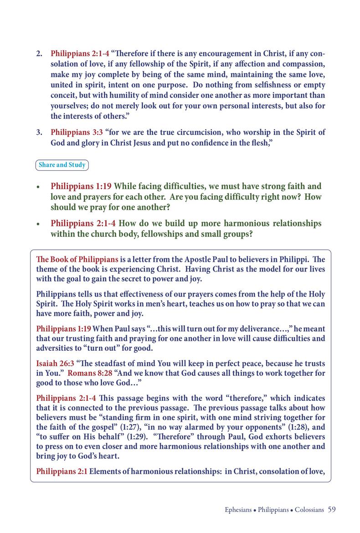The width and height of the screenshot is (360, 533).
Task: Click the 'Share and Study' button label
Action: click(x=62, y=165)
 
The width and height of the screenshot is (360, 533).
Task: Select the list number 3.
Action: click(x=39, y=133)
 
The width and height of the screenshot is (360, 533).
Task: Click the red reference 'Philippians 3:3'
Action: click(x=77, y=133)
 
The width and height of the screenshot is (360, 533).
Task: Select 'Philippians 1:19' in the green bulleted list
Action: click(x=81, y=186)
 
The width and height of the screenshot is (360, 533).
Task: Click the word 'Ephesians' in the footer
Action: click(x=238, y=510)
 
